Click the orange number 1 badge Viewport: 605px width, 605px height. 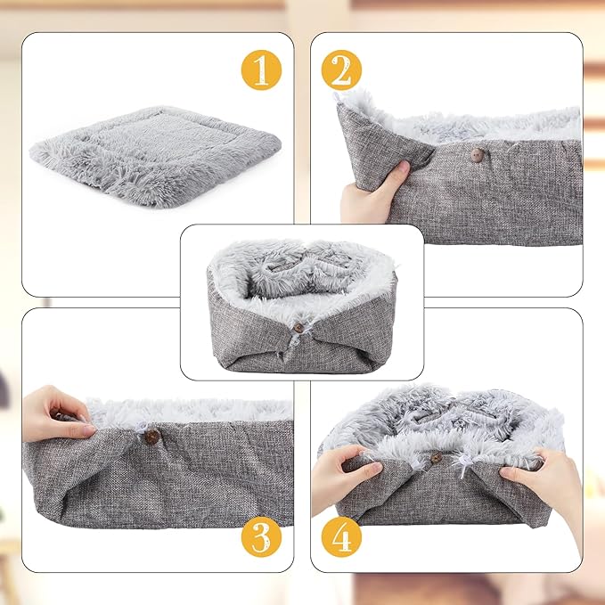click(260, 69)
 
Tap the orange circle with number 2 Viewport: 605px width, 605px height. click(342, 69)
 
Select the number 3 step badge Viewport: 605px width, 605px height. click(260, 536)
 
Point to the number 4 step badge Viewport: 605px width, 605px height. click(342, 536)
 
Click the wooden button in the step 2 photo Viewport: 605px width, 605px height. click(476, 155)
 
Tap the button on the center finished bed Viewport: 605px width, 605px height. click(298, 327)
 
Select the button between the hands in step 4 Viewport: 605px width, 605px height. click(436, 458)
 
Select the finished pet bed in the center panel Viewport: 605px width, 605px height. click(301, 303)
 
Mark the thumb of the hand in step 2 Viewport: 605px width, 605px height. click(402, 170)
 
